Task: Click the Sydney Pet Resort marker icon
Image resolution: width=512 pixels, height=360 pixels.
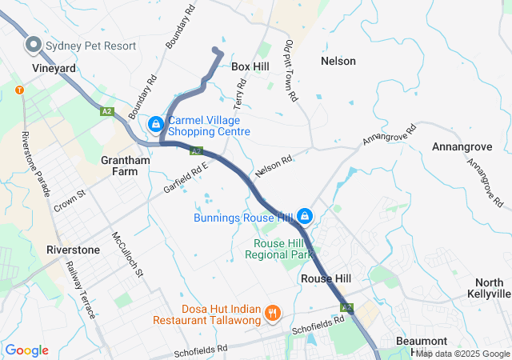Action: [x=34, y=45]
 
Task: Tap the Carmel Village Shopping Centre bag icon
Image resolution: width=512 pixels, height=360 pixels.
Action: [x=155, y=125]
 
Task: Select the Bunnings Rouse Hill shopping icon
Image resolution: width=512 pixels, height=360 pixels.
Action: [x=305, y=216]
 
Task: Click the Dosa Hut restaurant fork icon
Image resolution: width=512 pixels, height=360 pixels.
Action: [x=272, y=313]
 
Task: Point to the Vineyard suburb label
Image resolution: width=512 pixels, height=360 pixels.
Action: [x=54, y=69]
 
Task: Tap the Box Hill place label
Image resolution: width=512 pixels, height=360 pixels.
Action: [x=250, y=67]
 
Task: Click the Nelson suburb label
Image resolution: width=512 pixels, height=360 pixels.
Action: [x=338, y=61]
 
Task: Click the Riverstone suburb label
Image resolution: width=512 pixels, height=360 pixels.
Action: [x=74, y=250]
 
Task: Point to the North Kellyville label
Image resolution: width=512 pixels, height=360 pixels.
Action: [x=488, y=288]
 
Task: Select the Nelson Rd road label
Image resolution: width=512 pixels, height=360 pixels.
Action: [x=274, y=166]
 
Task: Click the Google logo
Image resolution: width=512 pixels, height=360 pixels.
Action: [x=26, y=350]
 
